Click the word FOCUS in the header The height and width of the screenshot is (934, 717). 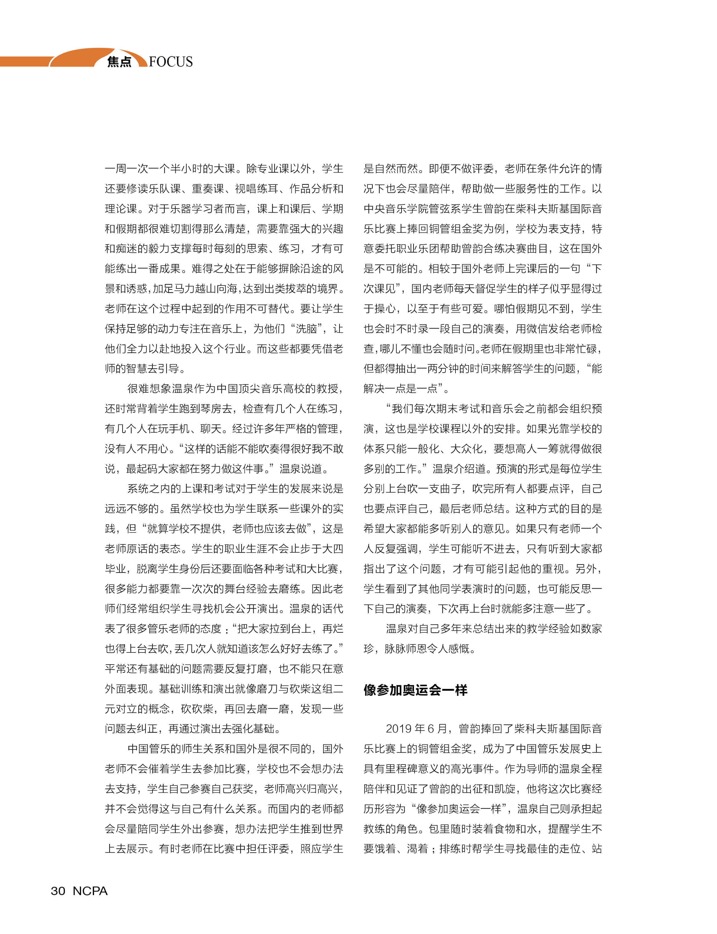[x=171, y=62]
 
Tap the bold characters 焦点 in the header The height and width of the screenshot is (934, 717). [x=119, y=62]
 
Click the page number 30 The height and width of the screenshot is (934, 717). [x=58, y=891]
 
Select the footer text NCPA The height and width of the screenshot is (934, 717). [x=90, y=891]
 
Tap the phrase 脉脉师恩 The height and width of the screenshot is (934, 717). [x=406, y=649]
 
